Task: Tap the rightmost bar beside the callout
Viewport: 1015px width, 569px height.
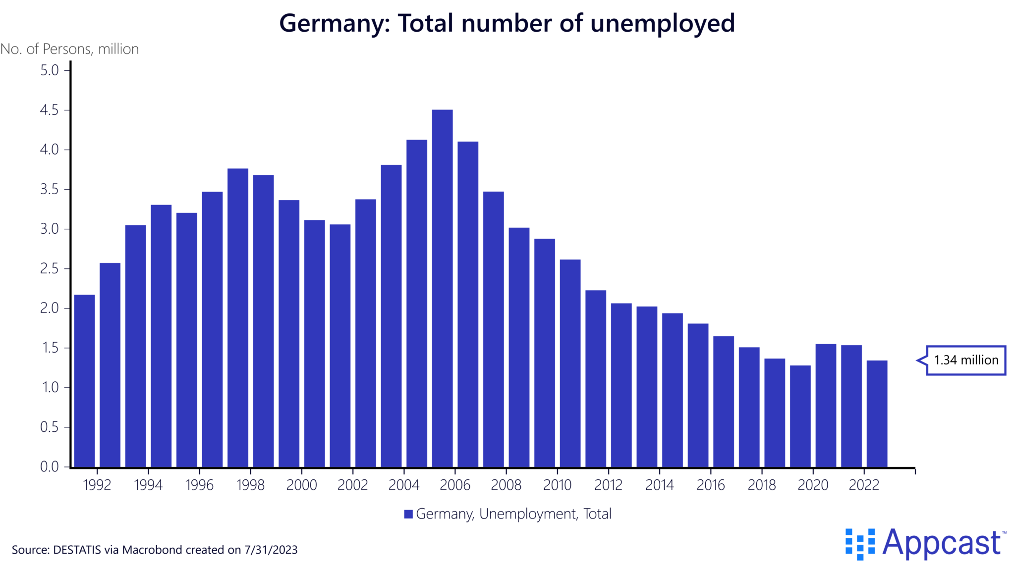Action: click(877, 414)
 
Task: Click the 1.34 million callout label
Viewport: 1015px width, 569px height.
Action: click(966, 360)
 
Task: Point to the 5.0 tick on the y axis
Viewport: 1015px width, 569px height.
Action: click(49, 70)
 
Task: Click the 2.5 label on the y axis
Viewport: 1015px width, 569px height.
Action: click(49, 269)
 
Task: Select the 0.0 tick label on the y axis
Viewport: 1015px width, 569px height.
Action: click(49, 466)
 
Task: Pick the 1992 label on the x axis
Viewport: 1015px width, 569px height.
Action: click(97, 485)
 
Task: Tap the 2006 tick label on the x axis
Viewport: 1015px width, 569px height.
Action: click(455, 485)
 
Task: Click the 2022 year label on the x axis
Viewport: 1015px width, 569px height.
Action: click(864, 485)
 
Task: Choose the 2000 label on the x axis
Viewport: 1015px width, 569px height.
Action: click(301, 485)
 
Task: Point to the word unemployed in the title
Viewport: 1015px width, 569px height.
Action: click(662, 23)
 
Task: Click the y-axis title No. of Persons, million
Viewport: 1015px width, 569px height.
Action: click(69, 49)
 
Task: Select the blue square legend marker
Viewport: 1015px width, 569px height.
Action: click(408, 514)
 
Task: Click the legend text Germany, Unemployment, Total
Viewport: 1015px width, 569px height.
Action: click(513, 514)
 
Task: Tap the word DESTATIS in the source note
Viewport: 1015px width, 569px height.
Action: click(77, 550)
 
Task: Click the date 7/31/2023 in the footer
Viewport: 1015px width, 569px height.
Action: click(271, 550)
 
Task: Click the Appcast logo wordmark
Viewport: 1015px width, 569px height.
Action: click(942, 543)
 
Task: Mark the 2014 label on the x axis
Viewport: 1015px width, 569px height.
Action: click(659, 485)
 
